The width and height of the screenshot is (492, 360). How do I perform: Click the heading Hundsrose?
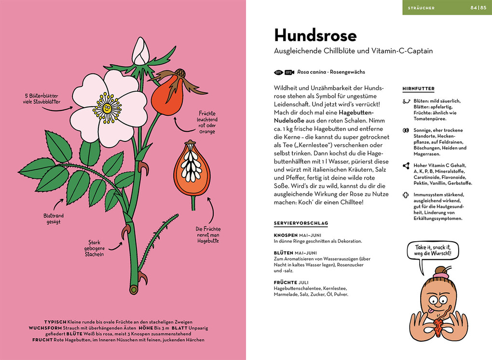coord(315,36)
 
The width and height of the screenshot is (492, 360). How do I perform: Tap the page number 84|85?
coord(478,8)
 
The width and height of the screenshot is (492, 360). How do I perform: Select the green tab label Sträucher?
coord(422,8)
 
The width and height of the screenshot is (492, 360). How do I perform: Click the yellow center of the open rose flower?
coord(107,107)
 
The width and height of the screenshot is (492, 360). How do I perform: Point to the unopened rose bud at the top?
coord(140,52)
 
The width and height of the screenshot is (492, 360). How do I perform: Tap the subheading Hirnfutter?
coord(418,89)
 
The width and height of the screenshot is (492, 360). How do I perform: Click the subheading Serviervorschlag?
coord(301,223)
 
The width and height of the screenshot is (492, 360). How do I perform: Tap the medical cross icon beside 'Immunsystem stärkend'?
coord(406,195)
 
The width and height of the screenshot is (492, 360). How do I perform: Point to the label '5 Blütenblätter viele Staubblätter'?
coord(41,98)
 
